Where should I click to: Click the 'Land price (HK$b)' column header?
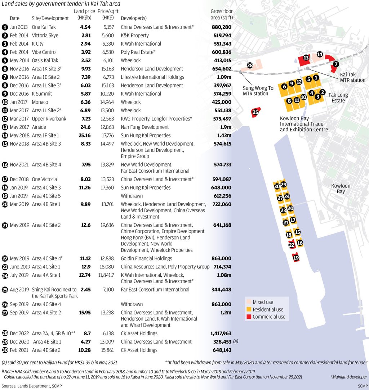point(84,14)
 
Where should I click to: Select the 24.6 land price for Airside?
point(85,127)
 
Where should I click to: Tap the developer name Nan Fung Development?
point(145,127)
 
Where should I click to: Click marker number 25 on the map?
point(255,112)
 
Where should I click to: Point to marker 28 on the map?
point(250,65)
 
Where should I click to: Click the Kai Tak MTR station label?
point(352,77)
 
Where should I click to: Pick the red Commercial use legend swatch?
point(248,317)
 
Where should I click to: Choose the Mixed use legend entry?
point(263,302)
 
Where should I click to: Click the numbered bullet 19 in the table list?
point(5,196)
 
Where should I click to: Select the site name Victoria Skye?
point(45,35)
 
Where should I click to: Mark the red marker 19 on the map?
point(296,258)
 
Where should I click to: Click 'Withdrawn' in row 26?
point(132,304)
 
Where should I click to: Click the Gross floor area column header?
point(221,14)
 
